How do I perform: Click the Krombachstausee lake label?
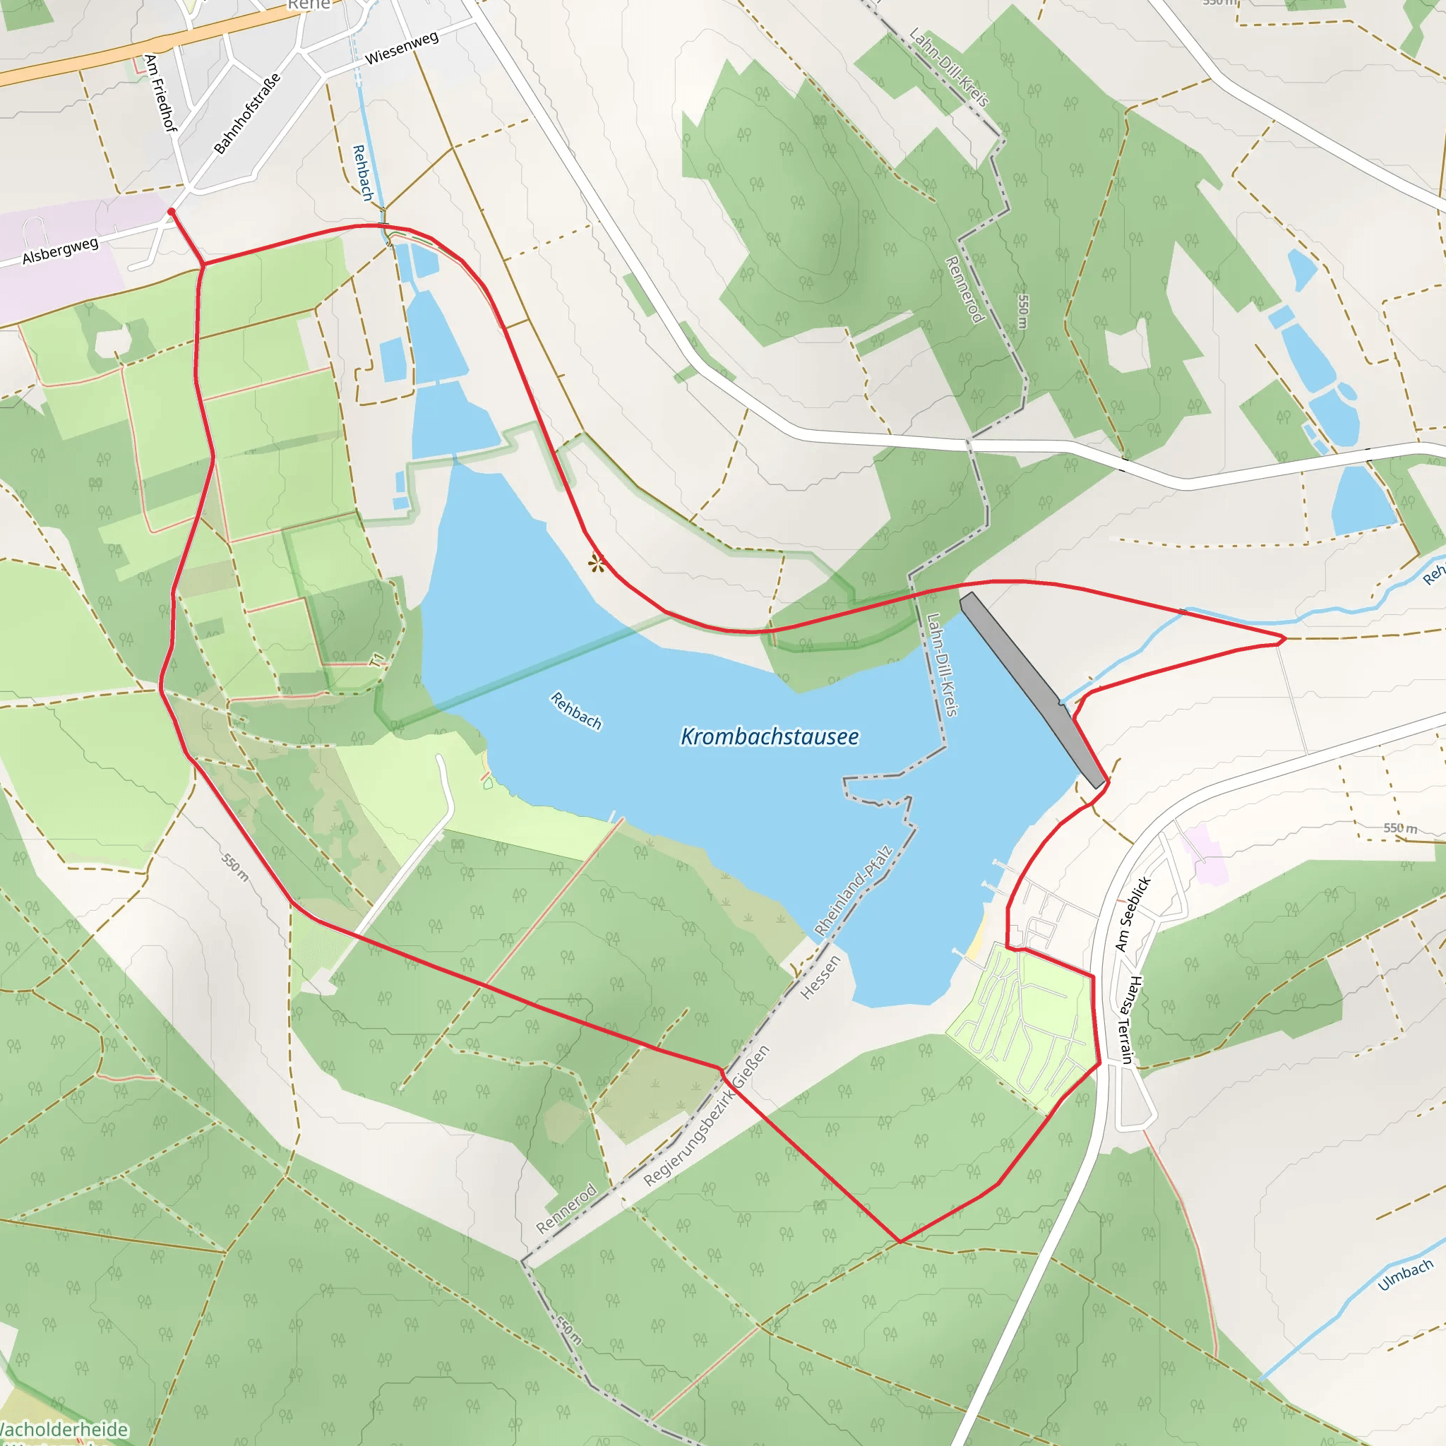coord(770,736)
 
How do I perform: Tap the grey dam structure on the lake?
coord(1033,689)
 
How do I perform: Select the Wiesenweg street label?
coord(402,48)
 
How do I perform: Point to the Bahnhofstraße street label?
coord(247,113)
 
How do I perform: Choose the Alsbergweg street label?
coord(60,251)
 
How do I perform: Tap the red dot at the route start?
coord(172,213)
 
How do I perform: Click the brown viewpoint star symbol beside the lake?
coord(596,563)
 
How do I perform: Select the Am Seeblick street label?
coord(1132,914)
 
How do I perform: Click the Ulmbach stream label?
coord(1406,1274)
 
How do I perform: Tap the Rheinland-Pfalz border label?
coord(853,890)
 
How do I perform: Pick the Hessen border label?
coord(820,977)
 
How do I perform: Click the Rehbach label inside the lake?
coord(576,710)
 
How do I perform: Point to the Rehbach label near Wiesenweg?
coord(363,173)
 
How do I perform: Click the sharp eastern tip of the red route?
coord(1285,639)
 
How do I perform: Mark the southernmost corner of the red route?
coord(900,1242)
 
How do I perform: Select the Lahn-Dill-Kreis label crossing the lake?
coord(943,664)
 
